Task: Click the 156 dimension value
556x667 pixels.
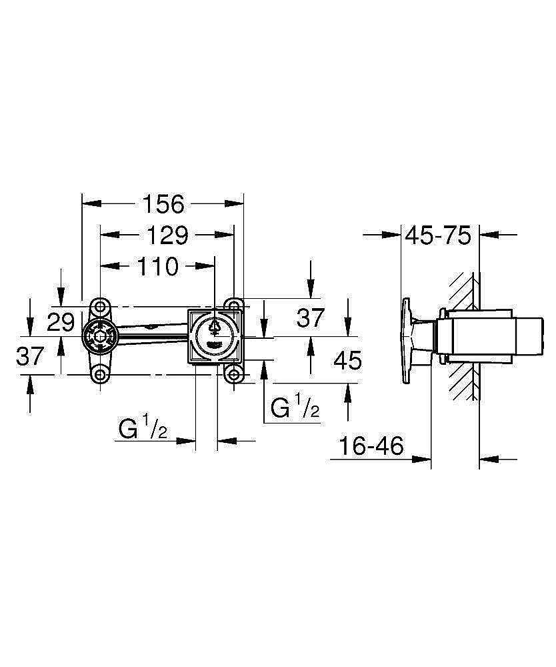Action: click(x=163, y=204)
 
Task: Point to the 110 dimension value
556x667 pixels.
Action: click(x=157, y=267)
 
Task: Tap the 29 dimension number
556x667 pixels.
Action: click(x=61, y=322)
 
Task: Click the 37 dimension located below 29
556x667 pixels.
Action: click(x=29, y=357)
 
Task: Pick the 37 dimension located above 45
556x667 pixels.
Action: click(x=311, y=318)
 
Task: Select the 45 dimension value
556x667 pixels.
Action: click(x=347, y=361)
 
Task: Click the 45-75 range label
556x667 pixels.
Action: click(x=439, y=235)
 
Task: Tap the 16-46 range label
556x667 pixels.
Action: click(x=371, y=446)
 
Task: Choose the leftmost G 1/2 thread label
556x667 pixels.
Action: click(x=143, y=428)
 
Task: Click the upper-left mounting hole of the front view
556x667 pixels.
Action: click(x=99, y=307)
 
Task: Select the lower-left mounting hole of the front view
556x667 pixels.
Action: click(x=99, y=374)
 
